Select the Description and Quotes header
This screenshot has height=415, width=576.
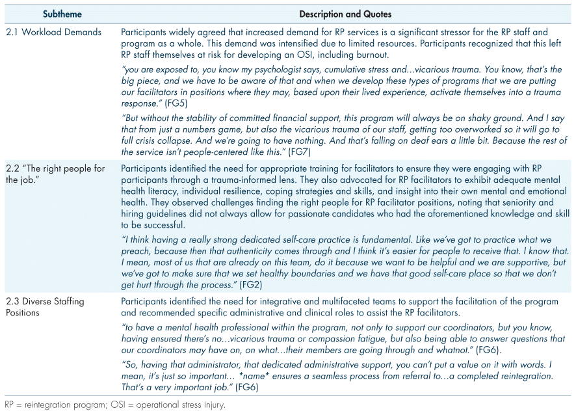[345, 14]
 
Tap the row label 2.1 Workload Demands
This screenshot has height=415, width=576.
[53, 32]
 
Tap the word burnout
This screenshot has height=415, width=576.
[374, 55]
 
